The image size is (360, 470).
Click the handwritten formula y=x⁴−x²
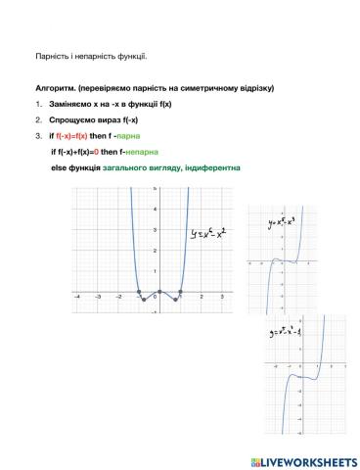[212, 233]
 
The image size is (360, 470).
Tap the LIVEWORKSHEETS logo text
[305, 457]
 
